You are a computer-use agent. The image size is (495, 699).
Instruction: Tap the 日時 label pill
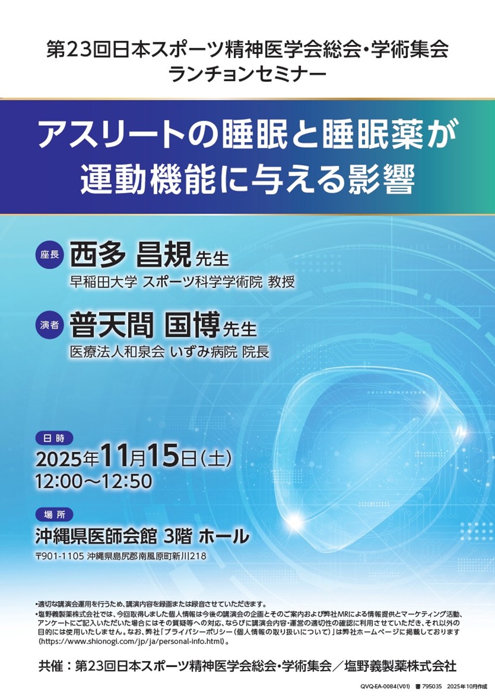(53, 438)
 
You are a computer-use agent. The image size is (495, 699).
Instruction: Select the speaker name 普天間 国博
(144, 326)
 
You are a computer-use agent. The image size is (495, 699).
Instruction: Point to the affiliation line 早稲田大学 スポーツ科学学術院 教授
(182, 282)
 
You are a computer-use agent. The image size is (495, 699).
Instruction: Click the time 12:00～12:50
(93, 481)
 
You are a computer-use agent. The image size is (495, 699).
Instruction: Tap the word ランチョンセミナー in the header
(247, 74)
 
